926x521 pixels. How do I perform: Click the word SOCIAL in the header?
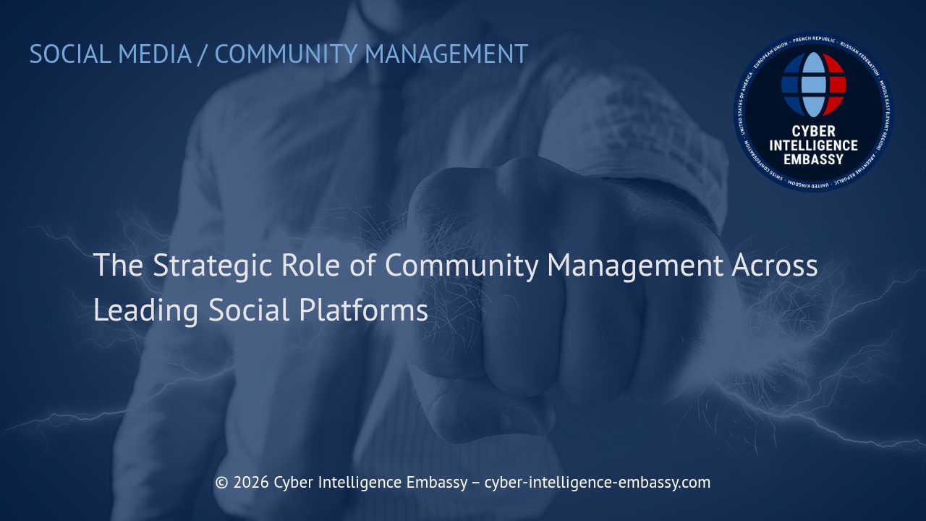69,54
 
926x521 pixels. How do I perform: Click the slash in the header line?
203,54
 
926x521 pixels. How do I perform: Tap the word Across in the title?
774,266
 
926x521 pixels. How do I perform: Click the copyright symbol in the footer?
221,483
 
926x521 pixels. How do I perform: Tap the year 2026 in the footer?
250,483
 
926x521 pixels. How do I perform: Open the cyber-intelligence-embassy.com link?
597,483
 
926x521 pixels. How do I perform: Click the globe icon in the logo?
813,85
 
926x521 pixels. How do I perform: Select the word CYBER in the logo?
813,132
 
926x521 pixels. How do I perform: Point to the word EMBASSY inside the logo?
813,159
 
